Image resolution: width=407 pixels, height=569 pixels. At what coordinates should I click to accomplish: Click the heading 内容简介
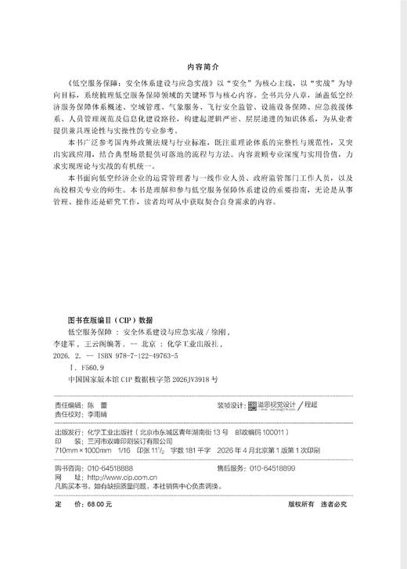(203, 67)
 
